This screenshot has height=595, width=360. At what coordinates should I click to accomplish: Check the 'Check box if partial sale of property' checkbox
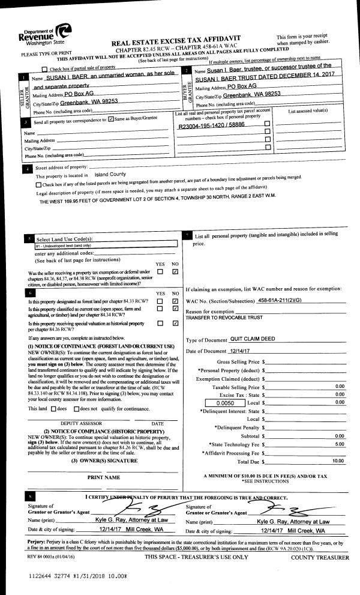(x=44, y=70)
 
